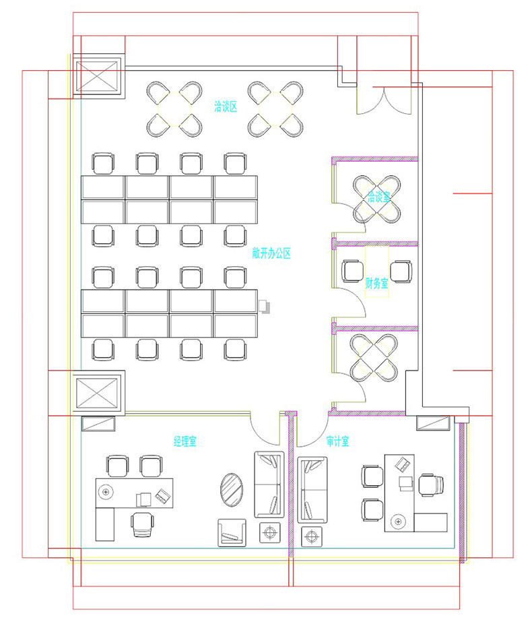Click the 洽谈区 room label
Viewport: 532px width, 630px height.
tap(225, 106)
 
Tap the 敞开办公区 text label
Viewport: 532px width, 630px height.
tap(271, 253)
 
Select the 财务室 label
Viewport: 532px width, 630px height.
tap(376, 283)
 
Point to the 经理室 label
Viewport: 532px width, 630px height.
tap(185, 441)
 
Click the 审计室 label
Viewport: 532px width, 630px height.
tap(337, 441)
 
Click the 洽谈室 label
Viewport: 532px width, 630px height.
tap(378, 197)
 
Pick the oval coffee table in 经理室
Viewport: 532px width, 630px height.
tap(232, 490)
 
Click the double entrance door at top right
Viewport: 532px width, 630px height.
tap(384, 100)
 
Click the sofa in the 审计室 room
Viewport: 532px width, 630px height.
tap(312, 490)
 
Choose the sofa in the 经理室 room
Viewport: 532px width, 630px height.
tap(269, 484)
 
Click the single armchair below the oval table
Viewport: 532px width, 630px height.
tap(232, 533)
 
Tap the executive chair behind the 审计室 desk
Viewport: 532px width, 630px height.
tap(431, 485)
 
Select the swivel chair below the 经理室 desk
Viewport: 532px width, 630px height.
tap(142, 525)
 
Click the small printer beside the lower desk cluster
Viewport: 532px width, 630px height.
tap(264, 306)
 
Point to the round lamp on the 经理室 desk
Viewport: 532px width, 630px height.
tap(106, 491)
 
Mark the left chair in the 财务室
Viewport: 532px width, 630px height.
tap(352, 272)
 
